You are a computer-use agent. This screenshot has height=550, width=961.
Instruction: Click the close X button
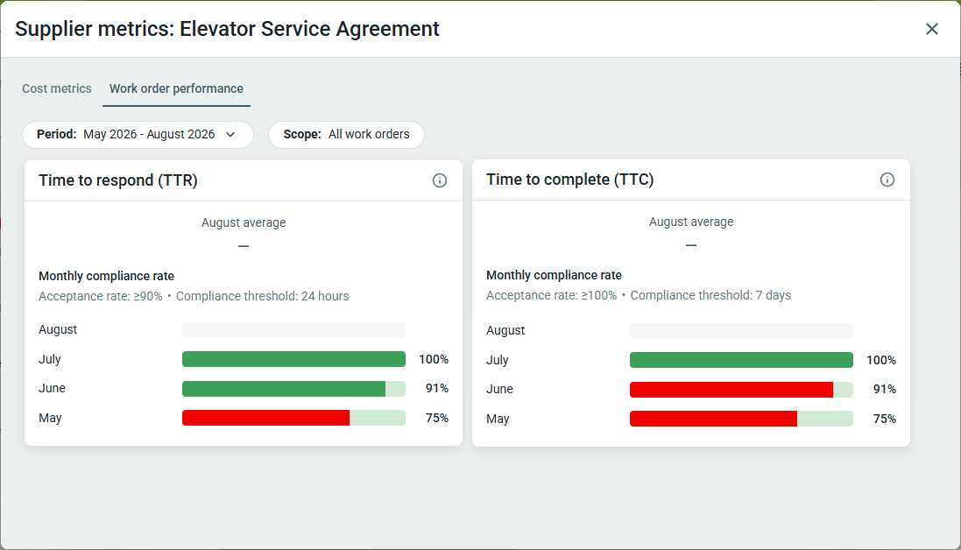[x=931, y=29]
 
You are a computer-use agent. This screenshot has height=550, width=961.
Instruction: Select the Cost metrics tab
[x=56, y=88]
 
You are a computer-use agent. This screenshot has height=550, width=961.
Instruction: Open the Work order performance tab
[x=176, y=88]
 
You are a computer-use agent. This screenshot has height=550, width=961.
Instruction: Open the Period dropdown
[x=138, y=135]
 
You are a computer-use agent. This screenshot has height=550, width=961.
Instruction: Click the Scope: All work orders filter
[x=346, y=135]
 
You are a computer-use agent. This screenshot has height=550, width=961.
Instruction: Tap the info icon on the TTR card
[x=440, y=180]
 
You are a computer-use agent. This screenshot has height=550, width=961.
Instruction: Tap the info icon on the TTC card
[x=887, y=180]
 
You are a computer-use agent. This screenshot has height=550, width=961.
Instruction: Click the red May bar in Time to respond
[x=265, y=418]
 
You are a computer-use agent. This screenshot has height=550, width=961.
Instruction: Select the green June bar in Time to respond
[x=284, y=388]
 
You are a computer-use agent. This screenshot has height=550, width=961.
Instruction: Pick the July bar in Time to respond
[x=293, y=359]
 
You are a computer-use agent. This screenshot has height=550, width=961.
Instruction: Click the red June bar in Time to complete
[x=731, y=390]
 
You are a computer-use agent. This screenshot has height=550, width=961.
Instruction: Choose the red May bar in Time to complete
[x=713, y=419]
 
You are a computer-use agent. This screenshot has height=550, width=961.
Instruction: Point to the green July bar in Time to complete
[x=741, y=360]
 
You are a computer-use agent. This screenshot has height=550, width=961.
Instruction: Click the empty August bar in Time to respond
[x=293, y=330]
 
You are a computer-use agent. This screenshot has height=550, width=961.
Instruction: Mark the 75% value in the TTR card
[x=437, y=418]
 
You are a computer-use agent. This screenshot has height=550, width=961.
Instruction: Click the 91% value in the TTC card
[x=885, y=389]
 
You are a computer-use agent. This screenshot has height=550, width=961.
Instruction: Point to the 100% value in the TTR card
[x=434, y=359]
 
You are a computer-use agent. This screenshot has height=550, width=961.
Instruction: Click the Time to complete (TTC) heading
[x=570, y=180]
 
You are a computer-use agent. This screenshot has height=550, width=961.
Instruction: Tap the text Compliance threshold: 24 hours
[x=262, y=296]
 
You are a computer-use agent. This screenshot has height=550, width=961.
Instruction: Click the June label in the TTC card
[x=499, y=389]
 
